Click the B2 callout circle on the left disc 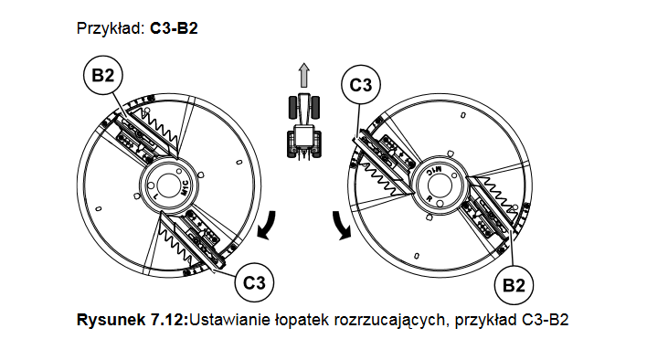[x=101, y=75]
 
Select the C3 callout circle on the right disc [x=360, y=86]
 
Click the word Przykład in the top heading [x=109, y=28]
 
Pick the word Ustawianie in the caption [x=222, y=321]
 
